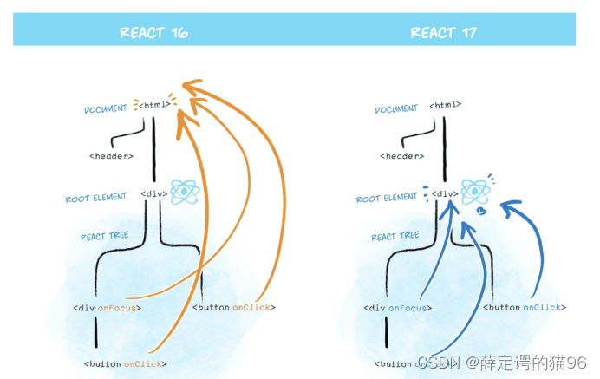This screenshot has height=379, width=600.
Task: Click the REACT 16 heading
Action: click(x=153, y=33)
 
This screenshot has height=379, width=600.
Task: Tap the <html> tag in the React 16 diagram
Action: click(x=153, y=106)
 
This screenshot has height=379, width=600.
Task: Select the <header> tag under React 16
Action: click(x=111, y=156)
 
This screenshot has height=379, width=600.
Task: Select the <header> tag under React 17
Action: click(x=401, y=156)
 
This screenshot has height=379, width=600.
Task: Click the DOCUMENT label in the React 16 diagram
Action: click(x=106, y=110)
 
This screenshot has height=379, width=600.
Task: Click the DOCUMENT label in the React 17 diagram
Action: click(x=396, y=109)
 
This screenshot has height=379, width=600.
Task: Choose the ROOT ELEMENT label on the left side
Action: click(x=97, y=199)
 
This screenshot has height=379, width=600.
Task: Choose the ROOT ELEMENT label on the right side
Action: click(x=388, y=199)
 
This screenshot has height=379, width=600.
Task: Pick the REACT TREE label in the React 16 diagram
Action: click(x=105, y=237)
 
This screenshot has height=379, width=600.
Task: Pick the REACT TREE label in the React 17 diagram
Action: click(x=395, y=237)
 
